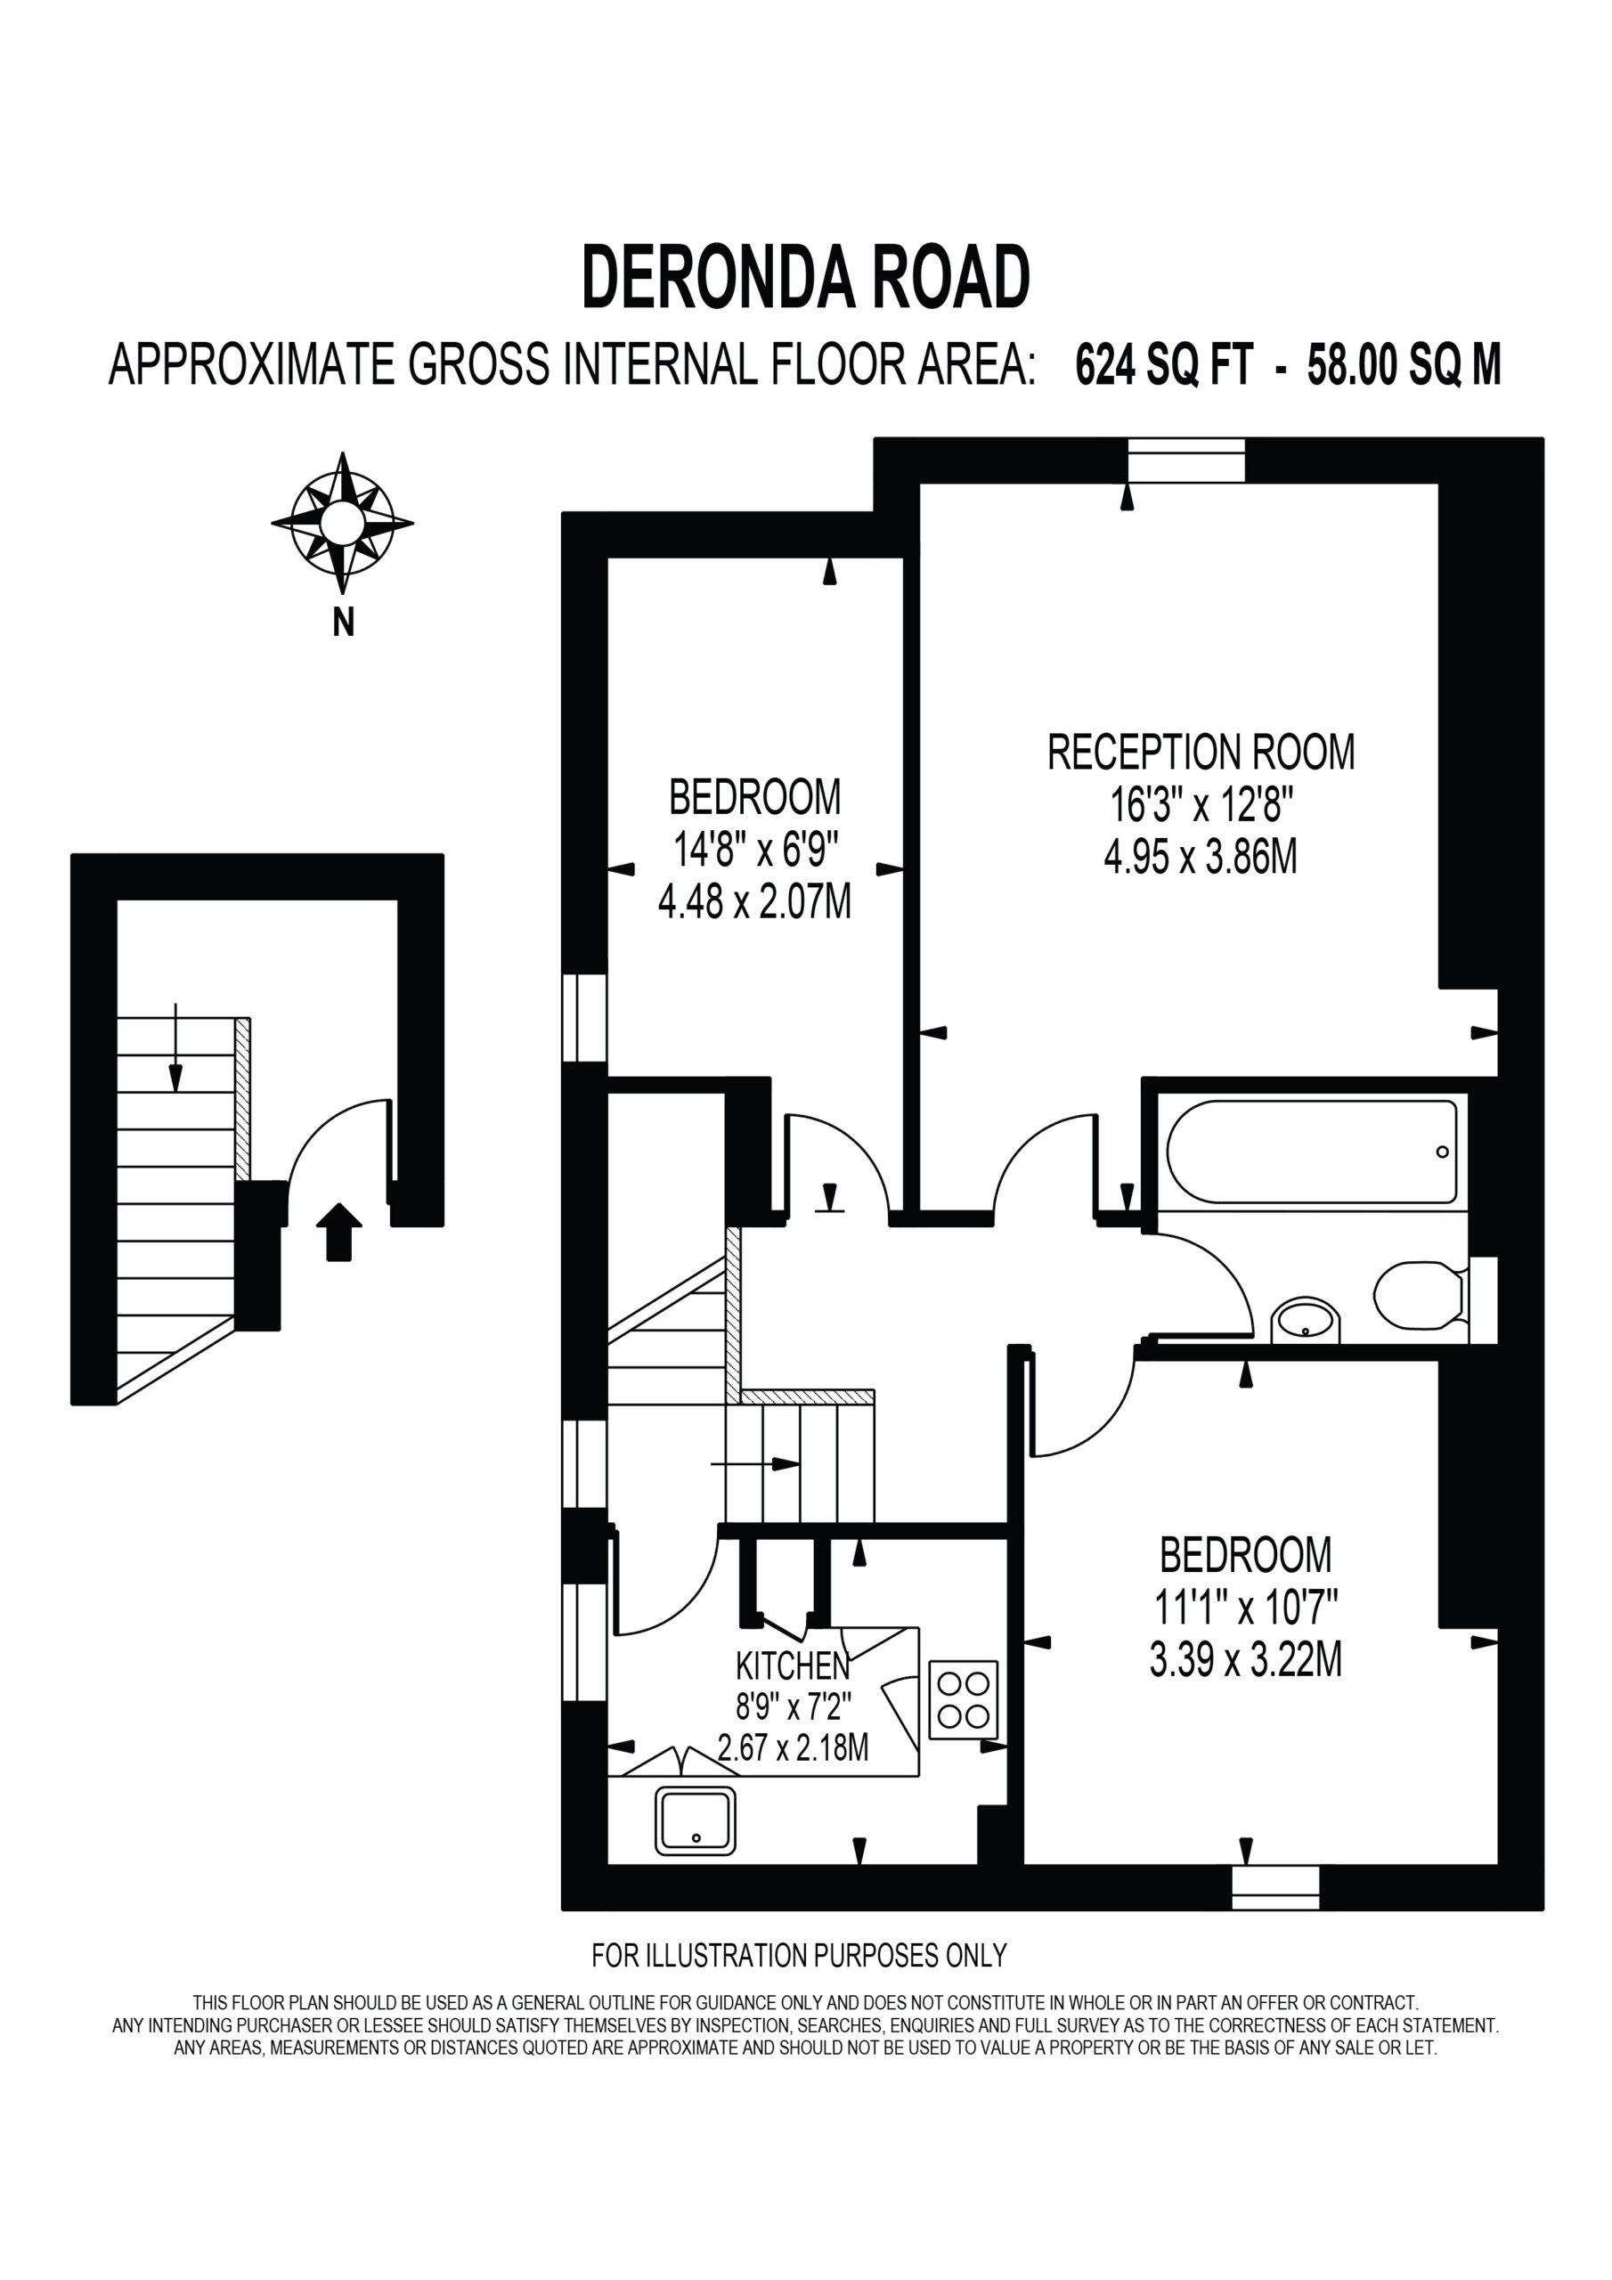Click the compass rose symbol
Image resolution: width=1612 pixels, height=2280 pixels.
[x=343, y=524]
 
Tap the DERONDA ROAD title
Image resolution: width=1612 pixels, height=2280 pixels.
[x=805, y=279]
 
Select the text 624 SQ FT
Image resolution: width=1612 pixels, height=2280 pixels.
[x=1164, y=364]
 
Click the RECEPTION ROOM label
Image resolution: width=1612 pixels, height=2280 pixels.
[x=1201, y=752]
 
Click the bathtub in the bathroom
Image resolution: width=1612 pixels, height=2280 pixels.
[x=1311, y=1151]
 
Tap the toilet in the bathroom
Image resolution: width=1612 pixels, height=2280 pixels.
[x=1420, y=1295]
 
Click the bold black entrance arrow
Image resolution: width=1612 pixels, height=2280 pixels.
[x=338, y=1232]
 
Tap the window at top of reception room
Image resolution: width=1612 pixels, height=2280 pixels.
[x=1186, y=460]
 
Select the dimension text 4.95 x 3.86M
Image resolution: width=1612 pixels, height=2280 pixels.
[x=1201, y=856]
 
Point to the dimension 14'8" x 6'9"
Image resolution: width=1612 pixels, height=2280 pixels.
[x=756, y=849]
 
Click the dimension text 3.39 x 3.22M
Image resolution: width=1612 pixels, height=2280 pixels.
[x=1245, y=1658]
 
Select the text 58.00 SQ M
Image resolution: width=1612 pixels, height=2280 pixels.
[x=1404, y=364]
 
